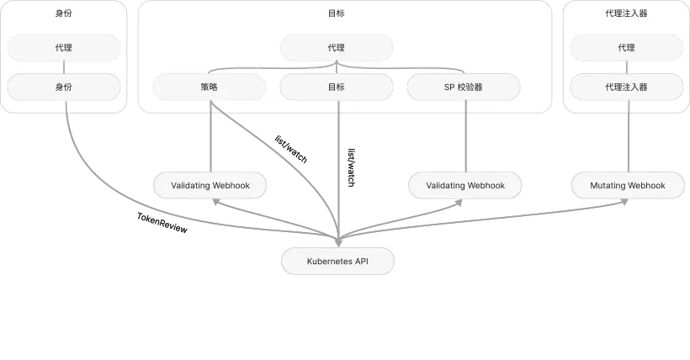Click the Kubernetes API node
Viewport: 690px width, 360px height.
[337, 261]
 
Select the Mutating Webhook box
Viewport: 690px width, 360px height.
[628, 185]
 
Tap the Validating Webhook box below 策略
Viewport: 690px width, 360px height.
[210, 185]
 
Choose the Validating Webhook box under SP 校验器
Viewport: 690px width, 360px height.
[465, 185]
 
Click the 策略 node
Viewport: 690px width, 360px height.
[209, 87]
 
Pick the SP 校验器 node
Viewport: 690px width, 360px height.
[464, 87]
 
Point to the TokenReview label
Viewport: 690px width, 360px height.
[162, 223]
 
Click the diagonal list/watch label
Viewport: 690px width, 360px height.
[291, 149]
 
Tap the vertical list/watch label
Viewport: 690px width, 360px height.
[351, 167]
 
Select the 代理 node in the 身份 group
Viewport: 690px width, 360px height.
[64, 48]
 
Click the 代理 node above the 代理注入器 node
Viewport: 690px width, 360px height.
[627, 48]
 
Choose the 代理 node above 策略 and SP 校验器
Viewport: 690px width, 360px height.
[337, 48]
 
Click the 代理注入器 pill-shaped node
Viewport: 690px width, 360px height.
[627, 87]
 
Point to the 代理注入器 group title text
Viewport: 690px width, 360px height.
[627, 13]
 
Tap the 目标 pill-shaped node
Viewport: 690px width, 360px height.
[337, 87]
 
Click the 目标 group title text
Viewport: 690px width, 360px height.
[337, 13]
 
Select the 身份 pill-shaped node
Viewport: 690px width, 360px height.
[64, 87]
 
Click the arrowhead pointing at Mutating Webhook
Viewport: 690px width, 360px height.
[624, 202]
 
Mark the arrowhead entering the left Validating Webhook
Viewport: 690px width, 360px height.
[215, 202]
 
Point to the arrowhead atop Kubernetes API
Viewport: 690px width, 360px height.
[338, 242]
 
